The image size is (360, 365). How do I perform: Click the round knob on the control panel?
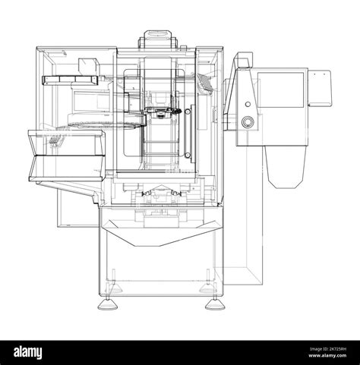click(247, 121)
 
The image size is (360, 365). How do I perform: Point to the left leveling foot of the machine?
click(109, 304)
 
